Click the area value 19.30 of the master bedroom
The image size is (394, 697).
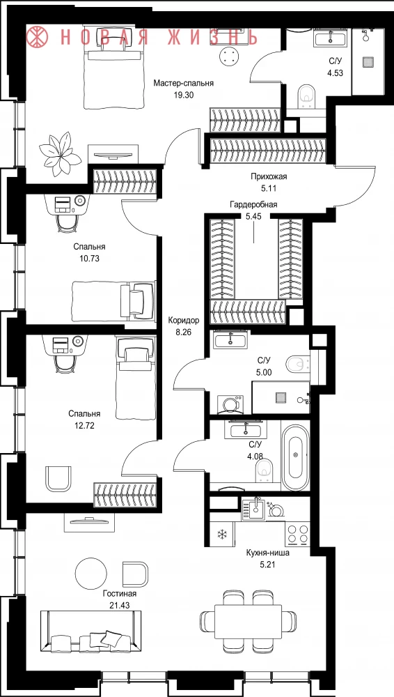point(184,95)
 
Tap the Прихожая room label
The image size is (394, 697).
point(269,176)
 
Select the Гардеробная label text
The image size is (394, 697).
point(253,204)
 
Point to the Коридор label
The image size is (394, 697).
point(184,320)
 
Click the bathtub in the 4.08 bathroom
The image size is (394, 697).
point(295,457)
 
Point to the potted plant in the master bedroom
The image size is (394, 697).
point(60,153)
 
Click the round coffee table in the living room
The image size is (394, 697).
point(90,573)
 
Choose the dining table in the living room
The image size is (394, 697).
point(248,621)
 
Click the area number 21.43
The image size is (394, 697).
point(118,604)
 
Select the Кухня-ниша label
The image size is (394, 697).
point(268,553)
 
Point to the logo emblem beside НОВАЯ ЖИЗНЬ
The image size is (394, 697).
point(38,37)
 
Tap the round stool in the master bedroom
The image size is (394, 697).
point(230,57)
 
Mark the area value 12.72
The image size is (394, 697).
point(84,425)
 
